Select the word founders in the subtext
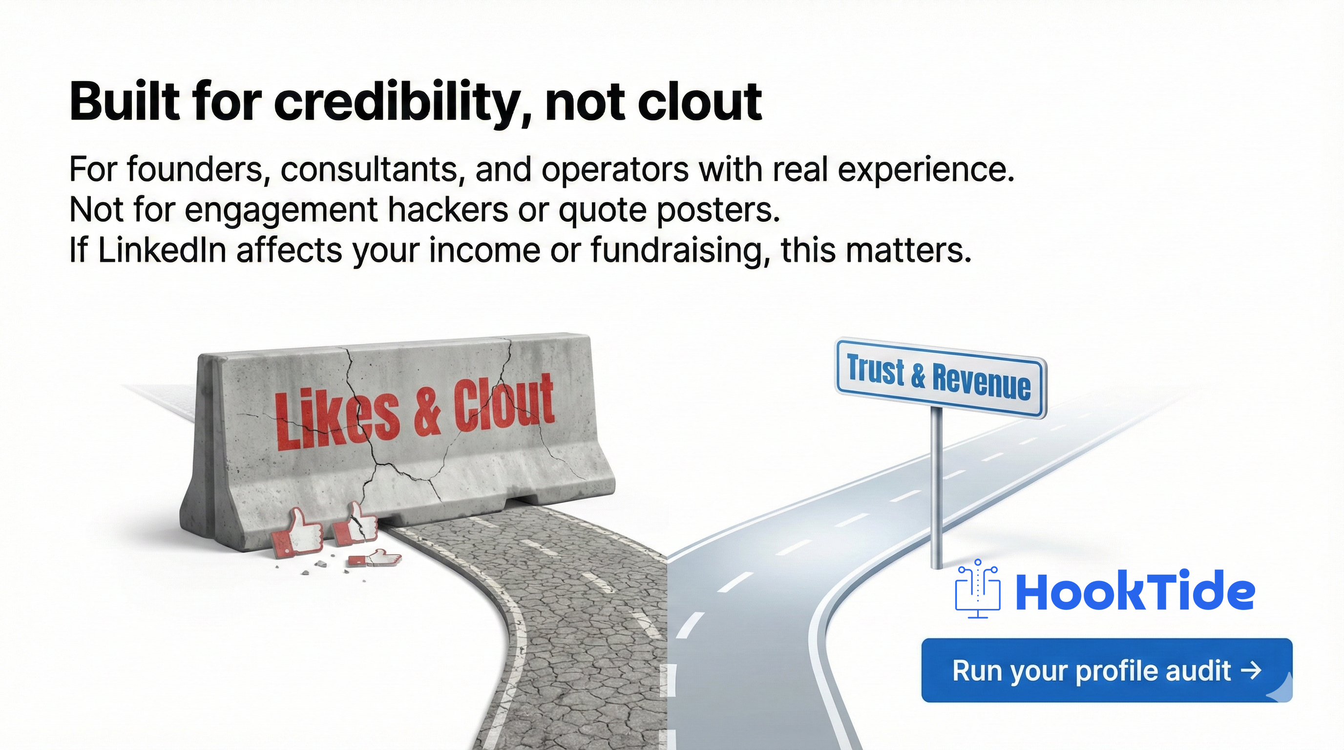click(x=198, y=170)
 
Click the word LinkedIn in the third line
click(x=162, y=250)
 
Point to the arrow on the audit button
click(x=1250, y=670)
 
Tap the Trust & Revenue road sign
click(x=939, y=377)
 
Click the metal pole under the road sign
click(x=937, y=490)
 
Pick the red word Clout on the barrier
click(x=504, y=401)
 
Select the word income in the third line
click(x=486, y=250)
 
